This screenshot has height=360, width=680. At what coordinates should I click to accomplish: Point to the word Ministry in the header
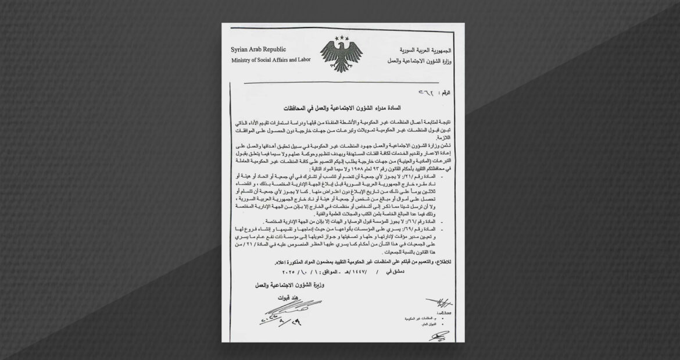coord(242,61)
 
